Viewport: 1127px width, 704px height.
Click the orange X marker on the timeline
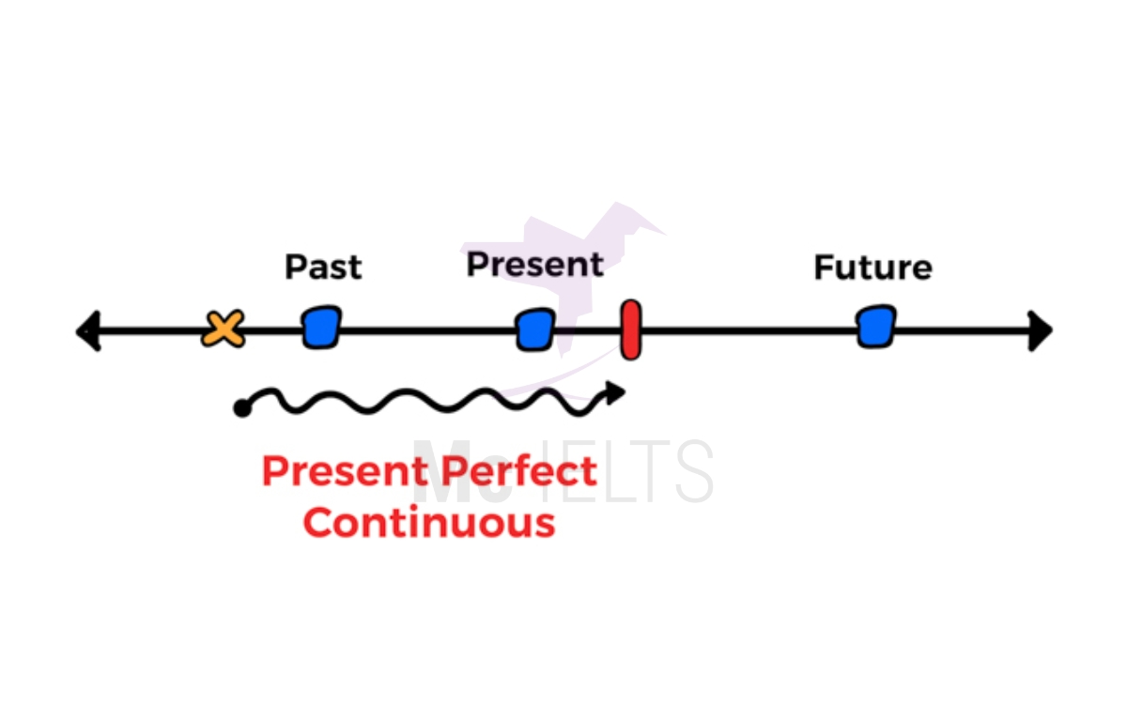tap(224, 329)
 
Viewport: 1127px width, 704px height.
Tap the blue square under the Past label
tap(321, 328)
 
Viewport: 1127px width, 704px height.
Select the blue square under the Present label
tap(535, 329)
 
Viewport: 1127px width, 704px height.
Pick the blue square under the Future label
tap(876, 327)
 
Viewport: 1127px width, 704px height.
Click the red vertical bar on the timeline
tap(631, 329)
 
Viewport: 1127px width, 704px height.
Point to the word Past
tap(323, 268)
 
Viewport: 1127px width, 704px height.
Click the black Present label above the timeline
tap(534, 265)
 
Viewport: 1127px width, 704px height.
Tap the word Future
tap(872, 268)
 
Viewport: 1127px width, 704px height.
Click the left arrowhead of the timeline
tap(88, 331)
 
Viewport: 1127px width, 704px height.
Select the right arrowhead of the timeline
tap(1040, 330)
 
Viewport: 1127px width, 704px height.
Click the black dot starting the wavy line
tap(242, 407)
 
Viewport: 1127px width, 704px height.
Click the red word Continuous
tap(429, 522)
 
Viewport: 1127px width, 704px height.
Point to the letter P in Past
tap(294, 268)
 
